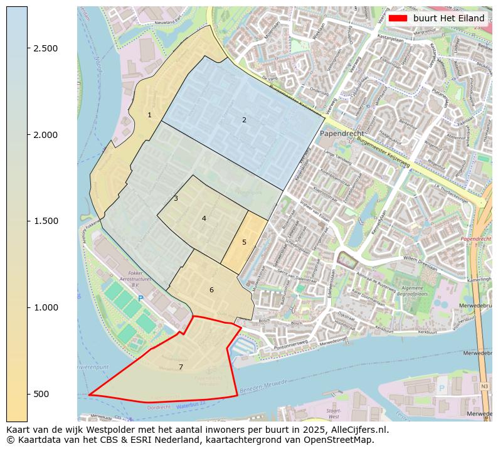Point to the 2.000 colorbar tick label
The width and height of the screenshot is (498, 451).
point(45,135)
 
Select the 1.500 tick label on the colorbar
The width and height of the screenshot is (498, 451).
point(45,221)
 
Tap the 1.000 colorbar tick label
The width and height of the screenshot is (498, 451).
point(45,307)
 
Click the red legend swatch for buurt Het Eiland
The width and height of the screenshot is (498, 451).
point(398,18)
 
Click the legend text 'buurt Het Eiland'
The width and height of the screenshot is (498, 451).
point(448,18)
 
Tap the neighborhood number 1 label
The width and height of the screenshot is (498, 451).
point(149,115)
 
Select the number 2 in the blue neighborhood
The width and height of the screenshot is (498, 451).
point(244,120)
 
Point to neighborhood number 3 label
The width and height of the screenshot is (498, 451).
point(176,198)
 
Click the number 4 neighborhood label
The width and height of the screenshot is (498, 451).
point(204,218)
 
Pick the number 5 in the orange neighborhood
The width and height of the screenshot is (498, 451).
point(244,242)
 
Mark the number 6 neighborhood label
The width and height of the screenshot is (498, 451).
point(211,290)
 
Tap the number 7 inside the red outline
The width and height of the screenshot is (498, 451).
point(181,367)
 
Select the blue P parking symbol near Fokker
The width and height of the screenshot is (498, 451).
point(140,299)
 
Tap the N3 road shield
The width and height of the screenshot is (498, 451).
point(484,386)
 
